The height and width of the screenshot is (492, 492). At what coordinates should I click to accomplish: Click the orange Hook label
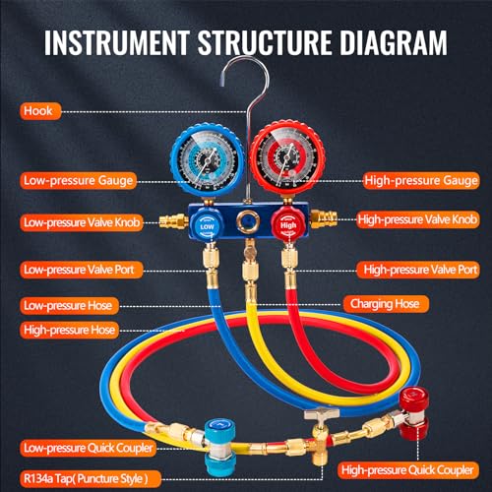40,111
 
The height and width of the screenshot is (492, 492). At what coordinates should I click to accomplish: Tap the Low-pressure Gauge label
78,181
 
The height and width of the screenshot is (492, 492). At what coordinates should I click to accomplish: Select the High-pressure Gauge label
421,180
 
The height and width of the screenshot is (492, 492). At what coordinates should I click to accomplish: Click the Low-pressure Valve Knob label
82,222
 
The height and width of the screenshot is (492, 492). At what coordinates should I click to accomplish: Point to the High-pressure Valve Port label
418,270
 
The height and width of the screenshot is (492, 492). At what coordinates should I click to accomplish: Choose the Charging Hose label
386,304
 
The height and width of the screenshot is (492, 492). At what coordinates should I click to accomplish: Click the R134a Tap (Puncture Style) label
91,479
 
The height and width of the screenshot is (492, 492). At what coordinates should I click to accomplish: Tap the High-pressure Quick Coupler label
408,470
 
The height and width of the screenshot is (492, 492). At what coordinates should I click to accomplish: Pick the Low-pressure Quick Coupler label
88,448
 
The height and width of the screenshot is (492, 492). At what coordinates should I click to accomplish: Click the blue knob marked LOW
207,226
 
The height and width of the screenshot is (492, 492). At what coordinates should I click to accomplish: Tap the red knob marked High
287,225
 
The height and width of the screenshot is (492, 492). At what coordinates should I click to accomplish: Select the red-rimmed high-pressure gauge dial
287,158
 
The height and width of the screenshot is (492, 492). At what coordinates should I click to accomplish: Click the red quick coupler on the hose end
414,412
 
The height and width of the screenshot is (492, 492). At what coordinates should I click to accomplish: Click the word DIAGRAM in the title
394,42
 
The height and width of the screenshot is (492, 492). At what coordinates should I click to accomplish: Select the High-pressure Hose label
69,330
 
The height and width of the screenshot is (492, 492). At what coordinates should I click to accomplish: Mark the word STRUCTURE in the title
265,42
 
